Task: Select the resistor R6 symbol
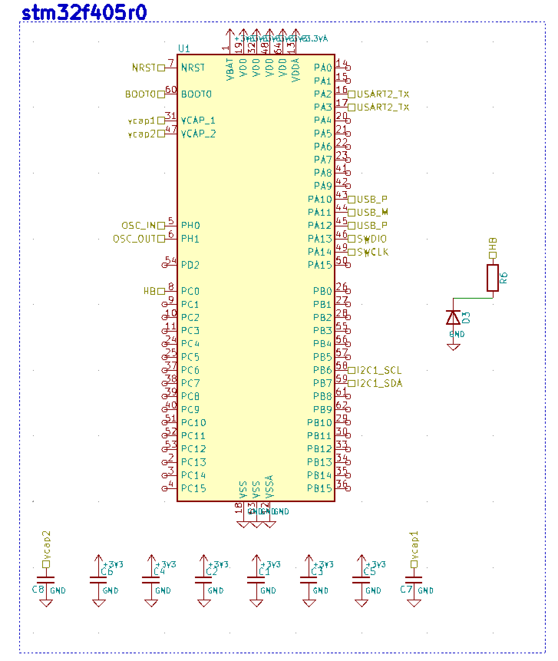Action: click(x=493, y=278)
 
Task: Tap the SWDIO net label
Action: click(x=372, y=239)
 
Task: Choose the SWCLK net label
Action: click(x=373, y=252)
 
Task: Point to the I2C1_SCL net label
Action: click(x=379, y=370)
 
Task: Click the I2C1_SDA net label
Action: click(x=380, y=383)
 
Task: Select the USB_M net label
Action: click(x=373, y=212)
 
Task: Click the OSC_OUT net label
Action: click(x=134, y=239)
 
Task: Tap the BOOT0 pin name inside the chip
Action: click(x=196, y=94)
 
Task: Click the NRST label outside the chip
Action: click(x=144, y=68)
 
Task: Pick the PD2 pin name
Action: click(x=190, y=265)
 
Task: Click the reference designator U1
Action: click(x=184, y=48)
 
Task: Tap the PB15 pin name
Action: click(x=319, y=488)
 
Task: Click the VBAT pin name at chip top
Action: click(x=230, y=69)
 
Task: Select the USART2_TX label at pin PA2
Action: click(x=383, y=94)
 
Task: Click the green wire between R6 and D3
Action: click(x=473, y=298)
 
